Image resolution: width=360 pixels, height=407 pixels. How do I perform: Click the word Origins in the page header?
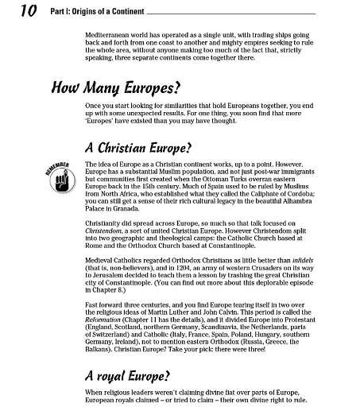(x=79, y=10)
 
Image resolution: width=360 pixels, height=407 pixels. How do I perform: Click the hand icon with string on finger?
(x=67, y=176)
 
